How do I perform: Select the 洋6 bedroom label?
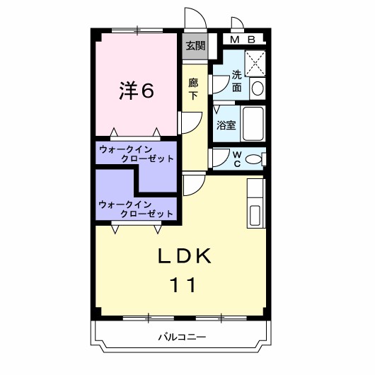coord(136,90)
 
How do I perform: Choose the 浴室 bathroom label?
coord(226,125)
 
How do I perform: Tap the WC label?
coord(236,158)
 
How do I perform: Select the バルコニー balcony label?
coord(182,337)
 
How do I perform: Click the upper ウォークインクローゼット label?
coord(137,154)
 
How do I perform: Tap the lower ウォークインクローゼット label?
coord(137,209)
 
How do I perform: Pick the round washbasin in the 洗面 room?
coord(258,88)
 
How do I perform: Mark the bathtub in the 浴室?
coord(253,125)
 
